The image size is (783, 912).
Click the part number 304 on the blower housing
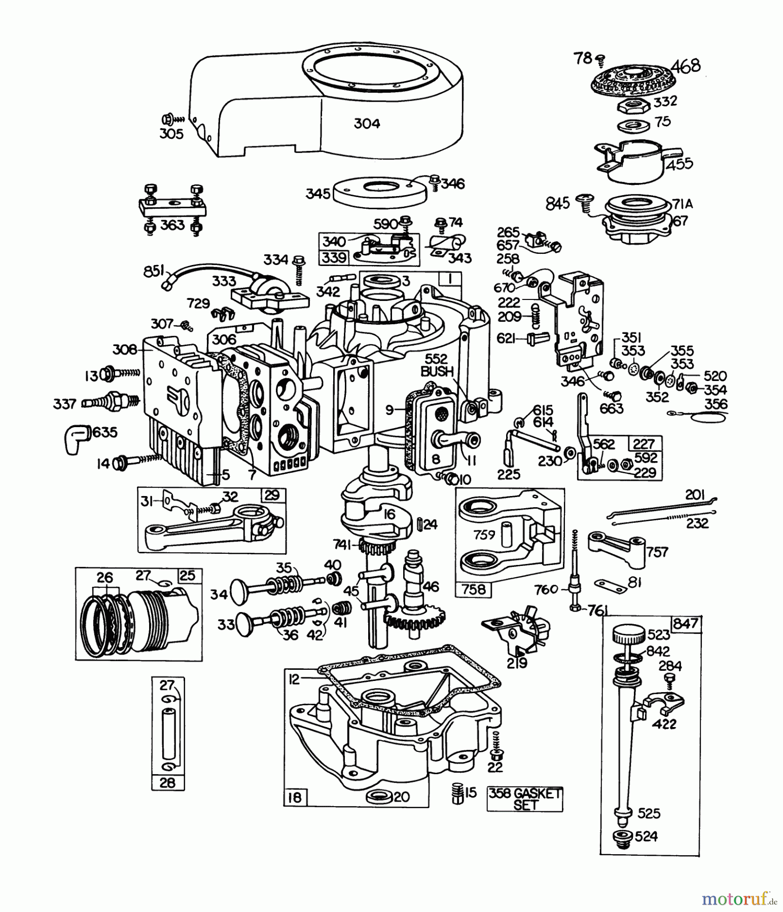(x=367, y=124)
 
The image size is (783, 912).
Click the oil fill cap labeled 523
(x=628, y=634)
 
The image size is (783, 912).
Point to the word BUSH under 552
(x=437, y=371)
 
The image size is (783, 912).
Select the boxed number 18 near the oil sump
(x=294, y=797)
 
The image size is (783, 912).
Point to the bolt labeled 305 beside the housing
(x=167, y=120)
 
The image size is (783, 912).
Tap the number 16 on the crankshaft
(x=389, y=515)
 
